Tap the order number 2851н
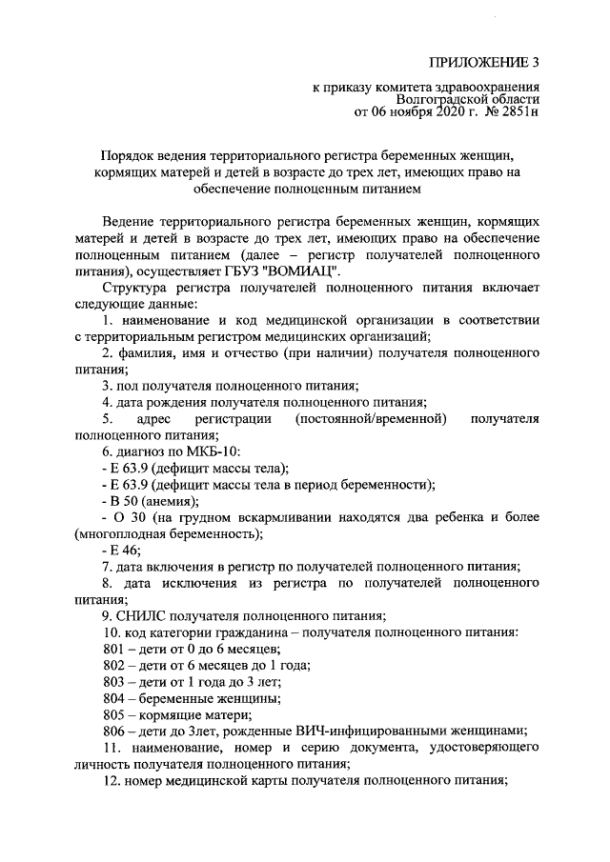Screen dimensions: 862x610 [x=518, y=113]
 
